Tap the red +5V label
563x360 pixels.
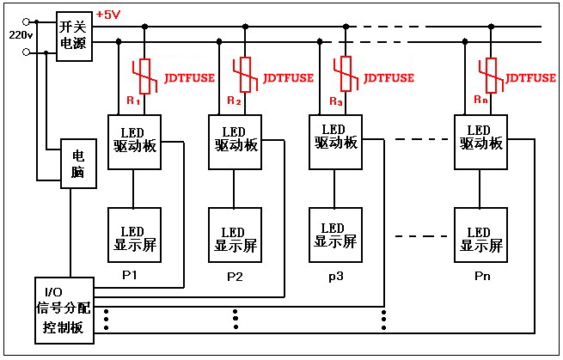(107, 15)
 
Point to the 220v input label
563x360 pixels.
(20, 35)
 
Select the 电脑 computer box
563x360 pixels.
(77, 164)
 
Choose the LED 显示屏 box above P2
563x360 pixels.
(235, 239)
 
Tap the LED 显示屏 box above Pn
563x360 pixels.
(480, 239)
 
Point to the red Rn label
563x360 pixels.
(481, 100)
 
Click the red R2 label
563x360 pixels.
(235, 101)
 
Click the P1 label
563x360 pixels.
(130, 275)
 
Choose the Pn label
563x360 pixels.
(482, 278)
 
